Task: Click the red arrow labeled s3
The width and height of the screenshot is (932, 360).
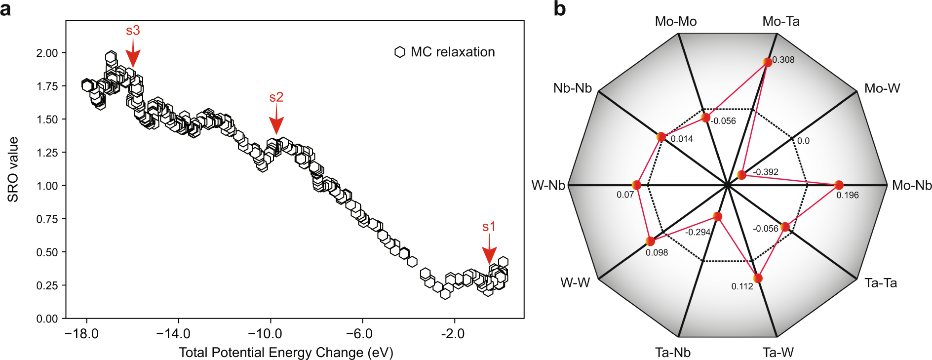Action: (x=133, y=54)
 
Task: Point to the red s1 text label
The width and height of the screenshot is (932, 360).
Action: (x=489, y=227)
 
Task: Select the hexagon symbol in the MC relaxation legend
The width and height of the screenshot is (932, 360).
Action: (x=400, y=52)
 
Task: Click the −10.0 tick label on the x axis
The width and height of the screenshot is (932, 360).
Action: (x=265, y=334)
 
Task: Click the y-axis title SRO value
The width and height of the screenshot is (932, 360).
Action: (x=13, y=169)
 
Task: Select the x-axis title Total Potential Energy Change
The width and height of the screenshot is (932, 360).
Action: (x=286, y=353)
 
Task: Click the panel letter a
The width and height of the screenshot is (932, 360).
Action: (x=5, y=9)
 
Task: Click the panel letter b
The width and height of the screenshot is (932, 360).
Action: (x=559, y=9)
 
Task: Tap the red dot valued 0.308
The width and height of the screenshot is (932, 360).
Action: (x=767, y=62)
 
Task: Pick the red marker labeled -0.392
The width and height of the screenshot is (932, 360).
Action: (x=741, y=175)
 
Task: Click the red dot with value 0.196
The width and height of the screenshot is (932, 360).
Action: (x=839, y=185)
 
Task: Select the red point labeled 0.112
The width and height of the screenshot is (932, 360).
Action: (x=758, y=279)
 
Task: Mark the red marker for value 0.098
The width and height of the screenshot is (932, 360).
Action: (x=650, y=241)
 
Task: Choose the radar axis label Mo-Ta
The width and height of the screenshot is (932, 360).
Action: (x=780, y=21)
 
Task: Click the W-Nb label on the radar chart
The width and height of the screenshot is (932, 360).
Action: (x=548, y=186)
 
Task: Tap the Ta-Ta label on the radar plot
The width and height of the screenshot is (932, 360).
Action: (x=880, y=283)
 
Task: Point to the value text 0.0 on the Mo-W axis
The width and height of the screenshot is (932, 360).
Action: (x=803, y=141)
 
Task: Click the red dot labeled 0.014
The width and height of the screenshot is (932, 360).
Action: (x=661, y=137)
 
